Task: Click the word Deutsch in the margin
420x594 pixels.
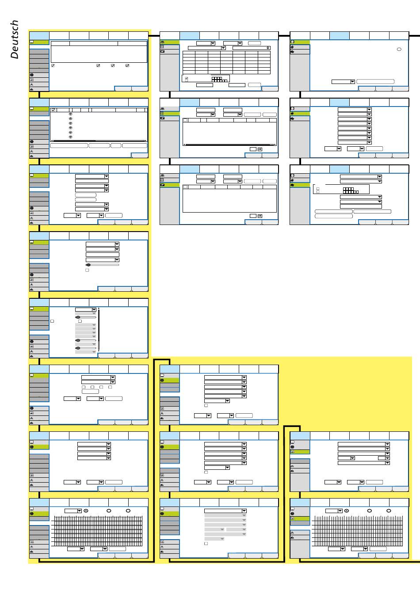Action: point(15,39)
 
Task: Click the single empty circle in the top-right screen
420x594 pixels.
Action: point(399,49)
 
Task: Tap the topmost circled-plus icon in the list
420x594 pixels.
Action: point(71,114)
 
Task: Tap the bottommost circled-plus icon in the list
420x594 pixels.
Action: point(71,137)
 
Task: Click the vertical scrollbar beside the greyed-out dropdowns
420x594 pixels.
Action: point(99,330)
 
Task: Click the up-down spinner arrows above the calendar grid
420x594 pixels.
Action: point(268,48)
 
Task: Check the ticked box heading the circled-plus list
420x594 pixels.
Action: point(53,110)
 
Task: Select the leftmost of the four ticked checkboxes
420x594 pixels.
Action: point(53,65)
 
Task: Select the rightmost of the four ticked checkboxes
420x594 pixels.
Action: point(127,65)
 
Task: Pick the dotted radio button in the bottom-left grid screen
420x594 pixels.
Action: point(86,510)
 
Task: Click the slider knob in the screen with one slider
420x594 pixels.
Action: point(88,265)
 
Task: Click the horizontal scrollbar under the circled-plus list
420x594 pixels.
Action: point(99,141)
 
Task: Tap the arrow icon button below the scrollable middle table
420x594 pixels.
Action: point(260,149)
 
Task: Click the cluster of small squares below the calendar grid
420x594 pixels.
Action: point(219,79)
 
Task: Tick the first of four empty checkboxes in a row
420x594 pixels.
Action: point(84,387)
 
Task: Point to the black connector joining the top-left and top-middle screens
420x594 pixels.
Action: point(154,35)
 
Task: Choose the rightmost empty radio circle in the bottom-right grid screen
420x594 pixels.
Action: point(389,510)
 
